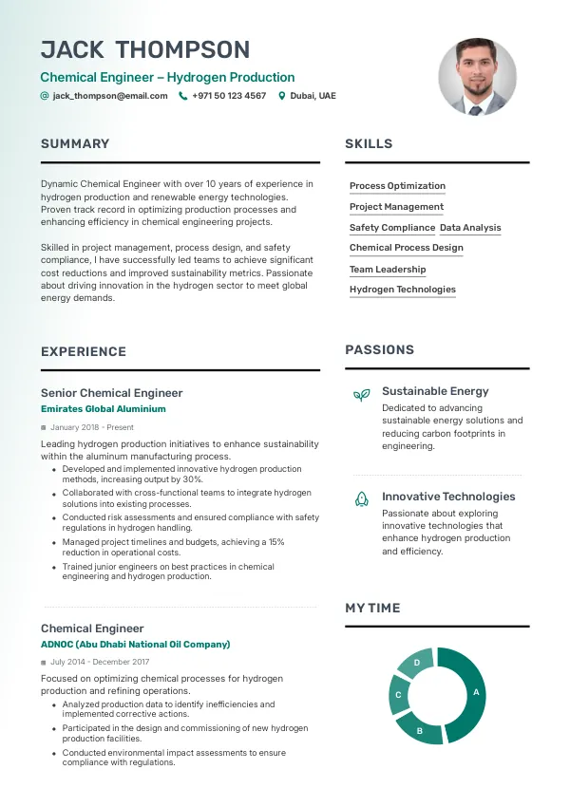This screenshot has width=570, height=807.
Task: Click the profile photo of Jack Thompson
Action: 477,77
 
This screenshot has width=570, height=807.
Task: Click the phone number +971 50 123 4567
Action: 229,96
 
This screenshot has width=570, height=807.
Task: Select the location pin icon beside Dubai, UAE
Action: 281,96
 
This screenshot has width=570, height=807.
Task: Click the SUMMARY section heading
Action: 75,144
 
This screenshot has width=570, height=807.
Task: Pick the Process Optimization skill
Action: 397,186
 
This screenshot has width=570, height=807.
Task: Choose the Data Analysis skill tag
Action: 470,228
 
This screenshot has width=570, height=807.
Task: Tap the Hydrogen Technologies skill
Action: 403,290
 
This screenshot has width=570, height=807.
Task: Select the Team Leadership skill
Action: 388,270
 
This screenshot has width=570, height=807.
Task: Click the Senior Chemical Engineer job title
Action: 111,393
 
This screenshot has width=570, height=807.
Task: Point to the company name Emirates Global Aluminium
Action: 103,409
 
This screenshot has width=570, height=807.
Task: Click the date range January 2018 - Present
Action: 92,428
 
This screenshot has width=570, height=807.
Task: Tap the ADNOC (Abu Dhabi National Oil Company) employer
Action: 135,645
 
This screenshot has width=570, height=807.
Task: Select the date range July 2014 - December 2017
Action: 100,662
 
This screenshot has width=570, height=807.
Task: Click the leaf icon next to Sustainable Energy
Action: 361,394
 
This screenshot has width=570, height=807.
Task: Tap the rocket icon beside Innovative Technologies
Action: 361,498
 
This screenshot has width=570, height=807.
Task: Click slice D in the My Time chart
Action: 417,663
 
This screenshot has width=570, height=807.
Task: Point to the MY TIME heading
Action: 372,609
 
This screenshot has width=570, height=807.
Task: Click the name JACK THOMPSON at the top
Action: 145,50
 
